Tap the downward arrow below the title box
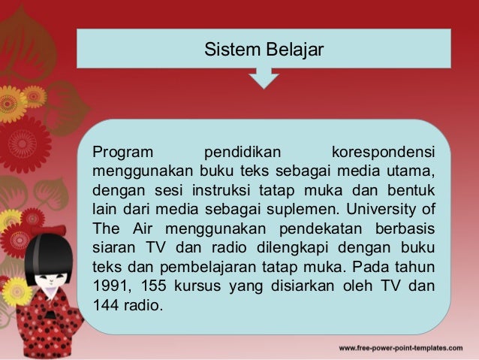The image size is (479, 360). click(264, 78)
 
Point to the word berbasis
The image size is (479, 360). click(408, 226)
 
